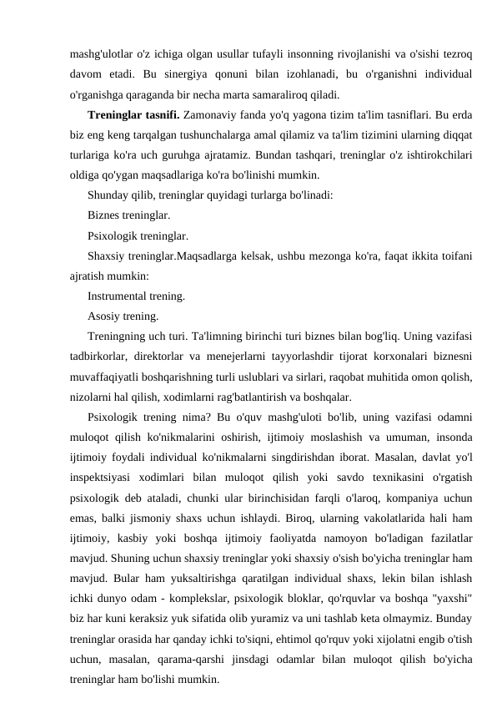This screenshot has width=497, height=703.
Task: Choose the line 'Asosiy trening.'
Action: click(122, 316)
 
